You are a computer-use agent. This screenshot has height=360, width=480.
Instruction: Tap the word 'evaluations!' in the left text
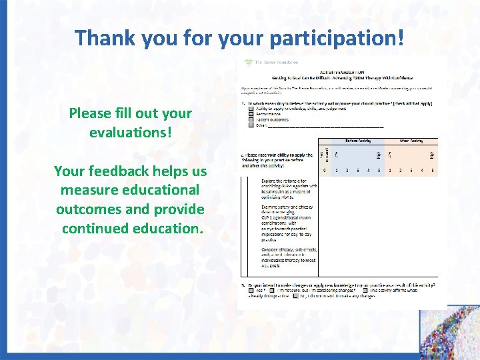(131, 132)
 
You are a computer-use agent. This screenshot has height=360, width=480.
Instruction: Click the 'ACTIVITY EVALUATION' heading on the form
(341, 71)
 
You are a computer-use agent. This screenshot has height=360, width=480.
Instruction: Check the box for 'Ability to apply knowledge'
(250, 108)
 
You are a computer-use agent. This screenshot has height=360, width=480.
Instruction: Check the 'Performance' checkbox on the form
(250, 113)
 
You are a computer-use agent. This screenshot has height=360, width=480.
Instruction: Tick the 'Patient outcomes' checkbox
(250, 119)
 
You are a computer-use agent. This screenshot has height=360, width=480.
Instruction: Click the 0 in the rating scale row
(325, 171)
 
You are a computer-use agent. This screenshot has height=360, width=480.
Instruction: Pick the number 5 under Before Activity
(378, 171)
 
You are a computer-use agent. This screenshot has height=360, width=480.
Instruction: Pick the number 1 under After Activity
(390, 171)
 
